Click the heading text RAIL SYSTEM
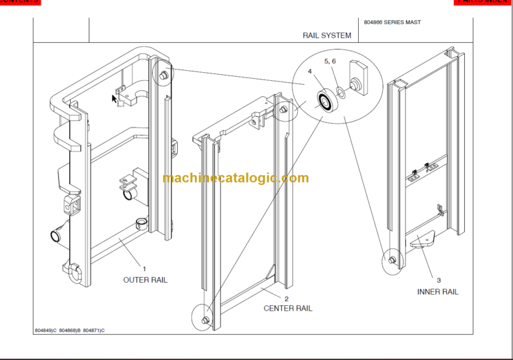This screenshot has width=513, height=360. tap(327, 35)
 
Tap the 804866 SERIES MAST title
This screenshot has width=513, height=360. tap(392, 23)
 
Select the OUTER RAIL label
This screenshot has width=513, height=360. tap(145, 280)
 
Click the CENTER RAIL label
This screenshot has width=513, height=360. tap(288, 309)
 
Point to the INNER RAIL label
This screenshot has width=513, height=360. tap(438, 292)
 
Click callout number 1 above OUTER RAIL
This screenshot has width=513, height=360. tap(144, 268)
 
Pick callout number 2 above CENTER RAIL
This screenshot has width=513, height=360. tap(287, 299)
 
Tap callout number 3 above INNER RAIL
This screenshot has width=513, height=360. tap(439, 281)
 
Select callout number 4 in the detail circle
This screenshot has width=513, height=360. tap(310, 71)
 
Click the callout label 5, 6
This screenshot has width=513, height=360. tap(330, 61)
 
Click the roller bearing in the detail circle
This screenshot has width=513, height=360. tap(327, 102)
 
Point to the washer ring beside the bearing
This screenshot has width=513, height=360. tap(341, 92)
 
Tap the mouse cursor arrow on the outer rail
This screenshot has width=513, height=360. tap(115, 99)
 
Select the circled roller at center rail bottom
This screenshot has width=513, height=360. tap(204, 320)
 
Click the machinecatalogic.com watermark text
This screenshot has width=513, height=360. tap(235, 178)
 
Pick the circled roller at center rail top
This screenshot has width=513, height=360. tap(285, 110)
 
